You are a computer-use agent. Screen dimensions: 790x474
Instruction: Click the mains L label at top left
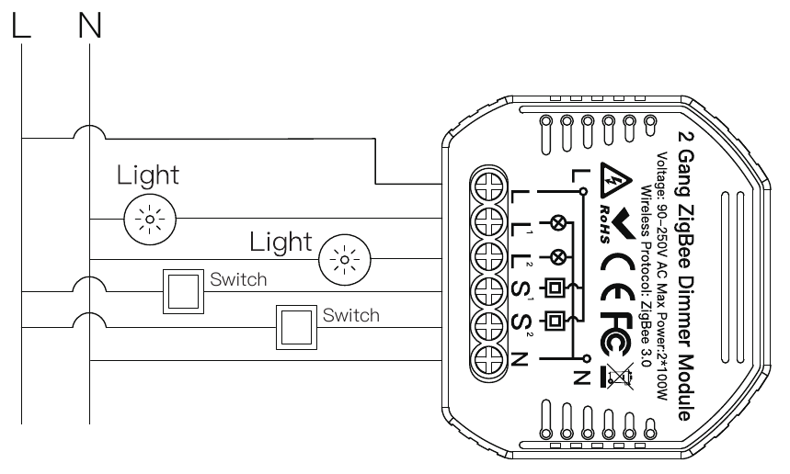20,25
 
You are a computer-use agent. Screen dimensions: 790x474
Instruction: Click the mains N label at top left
90,25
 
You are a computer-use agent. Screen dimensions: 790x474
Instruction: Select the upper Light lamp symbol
150,220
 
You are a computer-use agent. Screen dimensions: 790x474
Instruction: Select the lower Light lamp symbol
345,260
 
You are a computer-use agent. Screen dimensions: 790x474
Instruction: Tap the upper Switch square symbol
183,291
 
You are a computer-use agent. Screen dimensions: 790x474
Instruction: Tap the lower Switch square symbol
296,327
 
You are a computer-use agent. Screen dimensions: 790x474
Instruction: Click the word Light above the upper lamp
148,176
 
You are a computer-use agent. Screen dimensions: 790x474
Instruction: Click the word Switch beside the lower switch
350,315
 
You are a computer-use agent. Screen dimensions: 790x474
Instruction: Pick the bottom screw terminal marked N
488,359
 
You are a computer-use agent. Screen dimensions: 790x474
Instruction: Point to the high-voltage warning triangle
615,180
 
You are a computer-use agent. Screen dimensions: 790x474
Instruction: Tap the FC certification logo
616,333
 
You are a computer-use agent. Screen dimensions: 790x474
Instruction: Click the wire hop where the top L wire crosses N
90,132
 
